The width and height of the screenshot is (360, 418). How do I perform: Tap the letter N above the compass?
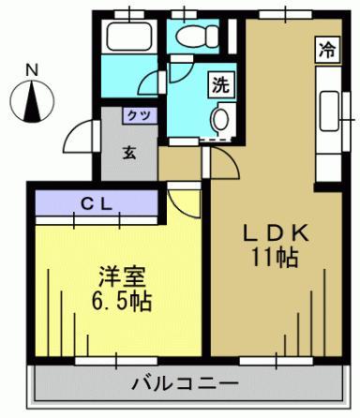pyautogui.click(x=32, y=69)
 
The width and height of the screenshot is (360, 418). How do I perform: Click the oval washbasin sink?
pyautogui.click(x=221, y=118)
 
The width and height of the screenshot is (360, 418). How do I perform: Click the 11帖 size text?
pyautogui.click(x=274, y=257)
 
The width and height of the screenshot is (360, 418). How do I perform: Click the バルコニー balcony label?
pyautogui.click(x=184, y=383)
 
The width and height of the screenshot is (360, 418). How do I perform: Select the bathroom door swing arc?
pyautogui.click(x=153, y=76)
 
